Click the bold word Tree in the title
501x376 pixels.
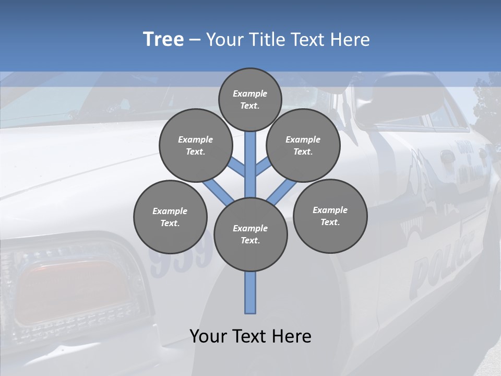point(163,40)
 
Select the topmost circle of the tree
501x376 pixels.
point(250,99)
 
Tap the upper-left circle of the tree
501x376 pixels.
point(196,145)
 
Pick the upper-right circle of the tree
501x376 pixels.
point(303,145)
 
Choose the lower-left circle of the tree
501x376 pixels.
point(170,217)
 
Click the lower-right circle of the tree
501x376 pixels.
point(330,216)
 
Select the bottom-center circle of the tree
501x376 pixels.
point(250,234)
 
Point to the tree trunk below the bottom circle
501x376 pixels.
point(250,292)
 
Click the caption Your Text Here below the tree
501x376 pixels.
point(250,336)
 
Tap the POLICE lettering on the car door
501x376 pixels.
point(441,264)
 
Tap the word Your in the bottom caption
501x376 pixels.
point(208,336)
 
